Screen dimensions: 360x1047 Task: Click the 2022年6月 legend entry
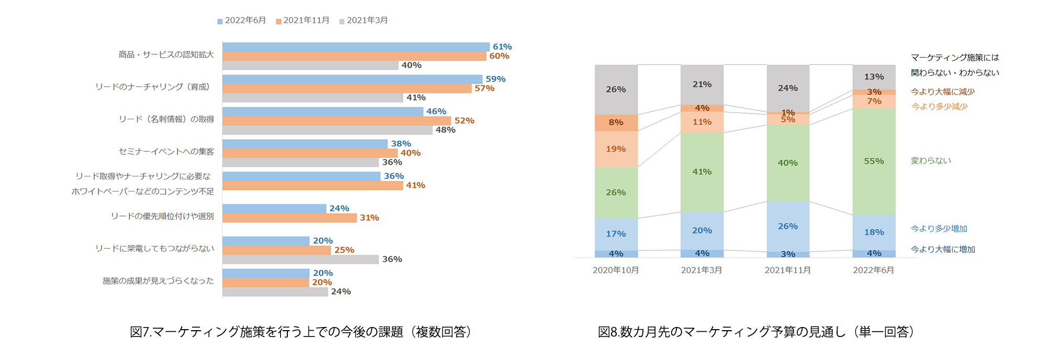pyautogui.click(x=242, y=20)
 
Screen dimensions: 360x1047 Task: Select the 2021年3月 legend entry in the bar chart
pyautogui.click(x=364, y=20)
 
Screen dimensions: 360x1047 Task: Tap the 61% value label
pyautogui.click(x=502, y=47)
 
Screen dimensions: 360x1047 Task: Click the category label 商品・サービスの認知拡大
pyautogui.click(x=166, y=54)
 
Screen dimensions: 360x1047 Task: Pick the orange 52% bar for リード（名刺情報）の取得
pyautogui.click(x=336, y=121)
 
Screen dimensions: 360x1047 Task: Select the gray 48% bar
pyautogui.click(x=327, y=130)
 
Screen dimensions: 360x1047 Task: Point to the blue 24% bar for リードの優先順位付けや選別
pyautogui.click(x=274, y=209)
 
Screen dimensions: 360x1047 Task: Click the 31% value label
pyautogui.click(x=369, y=218)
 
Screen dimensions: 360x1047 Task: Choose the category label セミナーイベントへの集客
pyautogui.click(x=166, y=152)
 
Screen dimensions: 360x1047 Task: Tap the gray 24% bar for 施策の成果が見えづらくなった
pyautogui.click(x=275, y=292)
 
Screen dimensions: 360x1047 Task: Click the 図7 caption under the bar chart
pyautogui.click(x=300, y=332)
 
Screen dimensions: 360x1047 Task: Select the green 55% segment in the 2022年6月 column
pyautogui.click(x=874, y=161)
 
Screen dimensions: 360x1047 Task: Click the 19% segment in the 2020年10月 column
pyautogui.click(x=616, y=149)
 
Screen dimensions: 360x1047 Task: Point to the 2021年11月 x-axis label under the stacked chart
pyautogui.click(x=787, y=270)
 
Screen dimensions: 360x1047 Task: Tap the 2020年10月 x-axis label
pyautogui.click(x=616, y=270)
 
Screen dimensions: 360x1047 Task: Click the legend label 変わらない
pyautogui.click(x=931, y=161)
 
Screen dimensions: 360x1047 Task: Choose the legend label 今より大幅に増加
pyautogui.click(x=943, y=250)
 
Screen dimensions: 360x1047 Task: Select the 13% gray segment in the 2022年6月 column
pyautogui.click(x=874, y=77)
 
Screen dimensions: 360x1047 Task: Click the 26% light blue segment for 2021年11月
pyautogui.click(x=787, y=226)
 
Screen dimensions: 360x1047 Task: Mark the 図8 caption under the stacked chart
pyautogui.click(x=756, y=332)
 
